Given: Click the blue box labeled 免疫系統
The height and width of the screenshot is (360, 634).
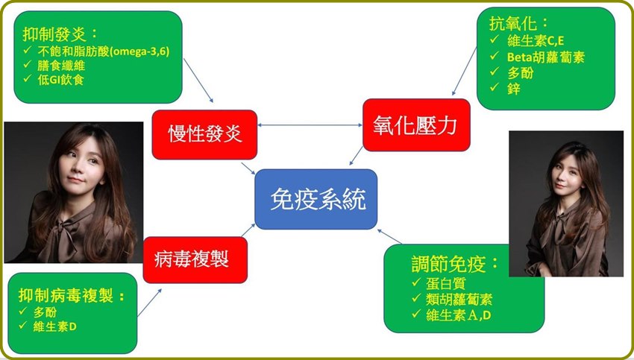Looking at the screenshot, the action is (316, 199).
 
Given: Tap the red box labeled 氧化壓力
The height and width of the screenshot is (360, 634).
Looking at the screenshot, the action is (416, 125).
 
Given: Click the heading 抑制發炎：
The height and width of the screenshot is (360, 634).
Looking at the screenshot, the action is (60, 34).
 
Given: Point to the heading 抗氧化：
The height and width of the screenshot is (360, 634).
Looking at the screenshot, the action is (519, 23).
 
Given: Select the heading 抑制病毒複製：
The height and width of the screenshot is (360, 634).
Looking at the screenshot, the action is (72, 296).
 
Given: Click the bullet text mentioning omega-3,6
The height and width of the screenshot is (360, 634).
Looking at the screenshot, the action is (104, 51).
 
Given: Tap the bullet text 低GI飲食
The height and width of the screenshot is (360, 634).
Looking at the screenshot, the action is (60, 80).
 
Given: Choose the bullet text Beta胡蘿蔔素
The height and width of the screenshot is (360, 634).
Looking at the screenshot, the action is (546, 57).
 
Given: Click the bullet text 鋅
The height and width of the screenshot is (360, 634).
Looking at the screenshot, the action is (513, 89).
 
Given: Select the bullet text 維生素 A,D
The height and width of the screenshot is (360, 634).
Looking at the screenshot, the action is (459, 315).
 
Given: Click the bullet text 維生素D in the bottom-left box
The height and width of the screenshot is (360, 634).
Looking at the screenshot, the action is (54, 326).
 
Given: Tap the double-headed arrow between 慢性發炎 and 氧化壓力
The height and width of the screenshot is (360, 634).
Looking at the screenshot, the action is (310, 125).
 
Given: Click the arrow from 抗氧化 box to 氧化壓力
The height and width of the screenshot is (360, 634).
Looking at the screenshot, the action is (464, 71).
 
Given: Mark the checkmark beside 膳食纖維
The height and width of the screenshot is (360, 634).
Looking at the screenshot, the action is (28, 64).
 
